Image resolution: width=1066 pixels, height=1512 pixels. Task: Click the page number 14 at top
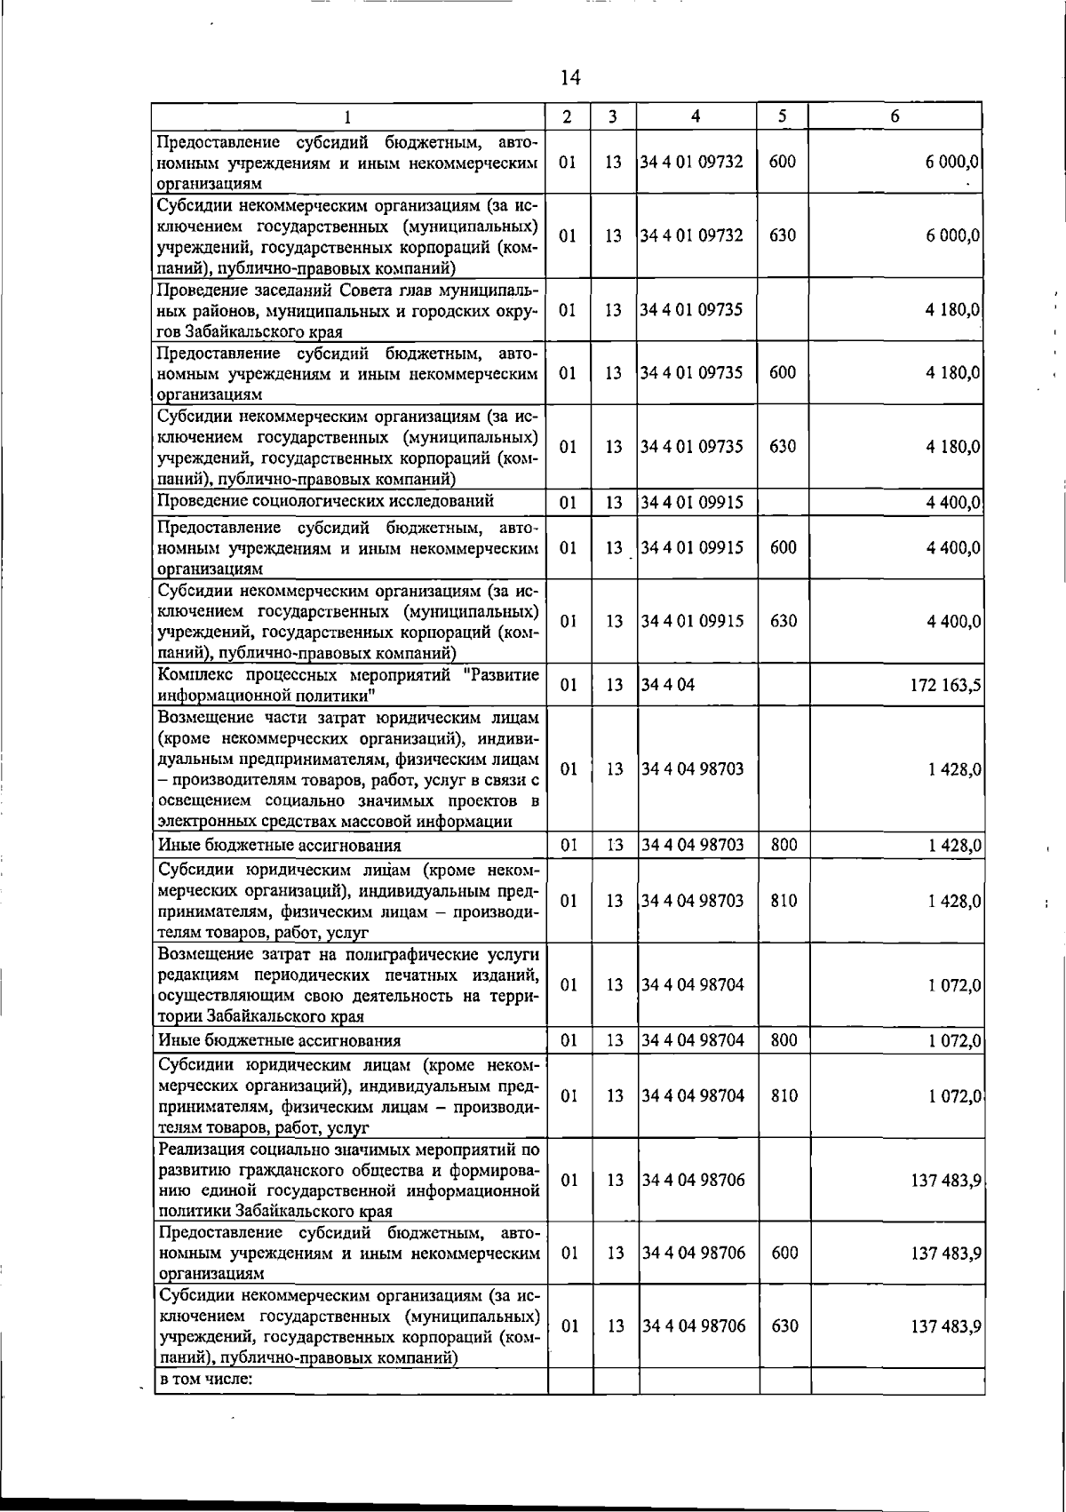(x=570, y=78)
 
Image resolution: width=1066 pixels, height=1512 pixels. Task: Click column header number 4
(x=696, y=116)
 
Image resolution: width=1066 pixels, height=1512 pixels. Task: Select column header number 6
(x=895, y=116)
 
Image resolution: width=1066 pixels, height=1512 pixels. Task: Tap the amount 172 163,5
(x=943, y=685)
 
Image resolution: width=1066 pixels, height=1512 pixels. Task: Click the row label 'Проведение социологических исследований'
(x=325, y=501)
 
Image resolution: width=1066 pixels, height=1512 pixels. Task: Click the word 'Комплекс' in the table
(x=189, y=674)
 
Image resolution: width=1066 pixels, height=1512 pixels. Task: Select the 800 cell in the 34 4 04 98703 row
(x=784, y=845)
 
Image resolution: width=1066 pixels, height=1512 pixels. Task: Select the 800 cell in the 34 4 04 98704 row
(x=784, y=1040)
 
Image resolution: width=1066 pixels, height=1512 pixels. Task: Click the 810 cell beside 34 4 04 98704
(x=784, y=1095)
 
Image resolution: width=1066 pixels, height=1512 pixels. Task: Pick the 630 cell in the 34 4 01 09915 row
(x=783, y=621)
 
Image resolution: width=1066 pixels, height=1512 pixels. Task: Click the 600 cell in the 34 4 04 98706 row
(x=784, y=1253)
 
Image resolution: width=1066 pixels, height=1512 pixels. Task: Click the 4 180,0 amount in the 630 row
(x=952, y=447)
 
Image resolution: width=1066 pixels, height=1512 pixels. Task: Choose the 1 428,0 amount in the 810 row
(x=954, y=901)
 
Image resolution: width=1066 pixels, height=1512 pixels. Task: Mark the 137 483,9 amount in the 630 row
(x=945, y=1326)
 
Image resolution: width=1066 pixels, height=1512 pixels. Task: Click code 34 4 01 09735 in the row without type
(x=692, y=310)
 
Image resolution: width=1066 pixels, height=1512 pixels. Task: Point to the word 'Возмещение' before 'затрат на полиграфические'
(x=205, y=954)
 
